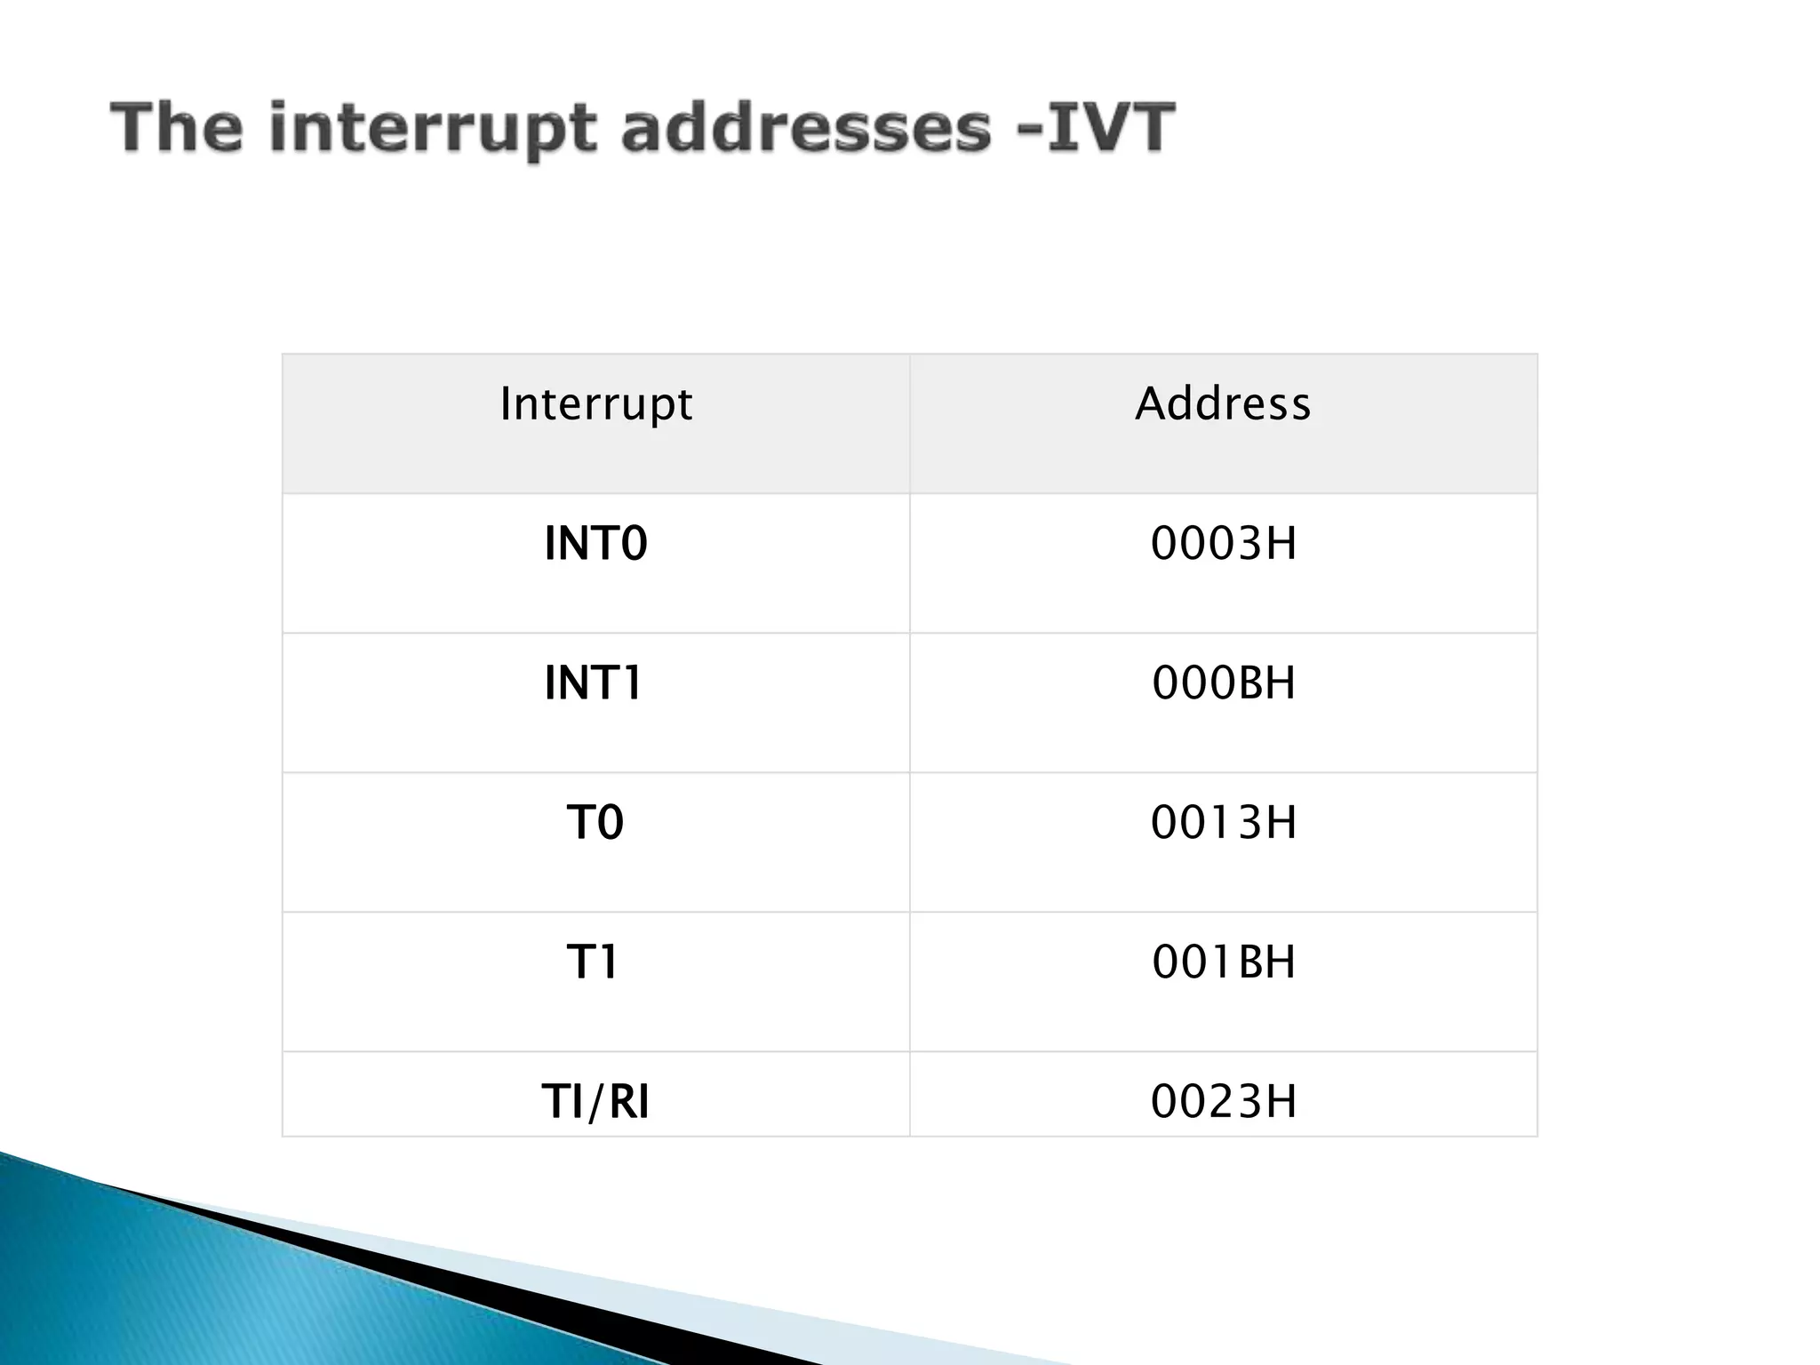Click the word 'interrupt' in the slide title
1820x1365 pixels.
(x=432, y=129)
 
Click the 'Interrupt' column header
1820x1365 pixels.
(x=595, y=404)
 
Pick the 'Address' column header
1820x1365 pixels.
(x=1223, y=404)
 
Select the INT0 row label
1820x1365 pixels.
(x=595, y=544)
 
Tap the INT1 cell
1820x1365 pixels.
(x=593, y=683)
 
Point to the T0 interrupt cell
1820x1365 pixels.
(x=595, y=823)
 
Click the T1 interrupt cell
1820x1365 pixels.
(x=592, y=962)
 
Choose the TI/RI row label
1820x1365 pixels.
(x=595, y=1102)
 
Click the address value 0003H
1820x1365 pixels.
(x=1223, y=544)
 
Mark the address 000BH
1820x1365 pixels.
(x=1223, y=683)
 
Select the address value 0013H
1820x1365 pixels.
(x=1223, y=823)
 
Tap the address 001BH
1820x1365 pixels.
(x=1223, y=962)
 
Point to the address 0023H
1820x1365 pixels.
(x=1223, y=1102)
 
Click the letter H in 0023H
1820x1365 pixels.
(x=1281, y=1102)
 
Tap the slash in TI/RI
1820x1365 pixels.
(x=595, y=1103)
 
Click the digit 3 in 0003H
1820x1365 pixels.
(x=1249, y=544)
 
